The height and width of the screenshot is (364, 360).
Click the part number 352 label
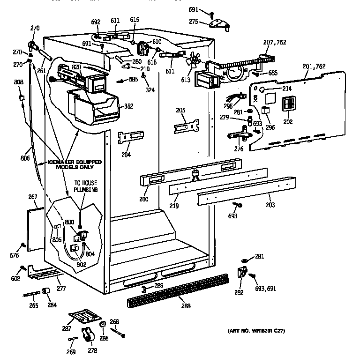[x=128, y=107]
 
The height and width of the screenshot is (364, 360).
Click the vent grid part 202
[x=287, y=105]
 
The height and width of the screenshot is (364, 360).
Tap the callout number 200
[x=144, y=200]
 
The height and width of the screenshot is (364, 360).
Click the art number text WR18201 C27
[x=256, y=331]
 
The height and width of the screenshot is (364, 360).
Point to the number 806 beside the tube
[x=25, y=158]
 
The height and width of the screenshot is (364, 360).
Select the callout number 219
[x=174, y=205]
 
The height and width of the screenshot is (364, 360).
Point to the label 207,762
[x=275, y=43]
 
